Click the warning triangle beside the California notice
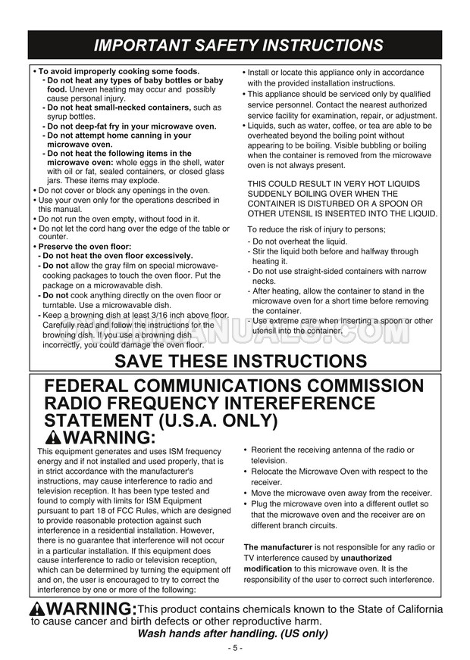pyautogui.click(x=40, y=610)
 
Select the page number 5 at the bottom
pyautogui.click(x=235, y=648)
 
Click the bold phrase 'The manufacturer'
pyautogui.click(x=277, y=547)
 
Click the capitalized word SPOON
pyautogui.click(x=406, y=204)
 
